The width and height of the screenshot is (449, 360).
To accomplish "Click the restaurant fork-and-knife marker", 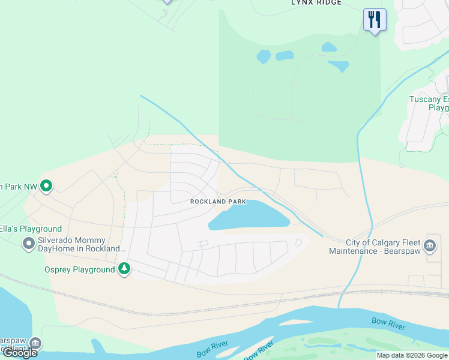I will (375, 20).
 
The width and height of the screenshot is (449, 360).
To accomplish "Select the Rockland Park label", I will (218, 202).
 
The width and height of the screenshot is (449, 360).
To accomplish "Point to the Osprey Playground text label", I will (79, 270).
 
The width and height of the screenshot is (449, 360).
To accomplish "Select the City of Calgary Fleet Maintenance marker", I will (430, 245).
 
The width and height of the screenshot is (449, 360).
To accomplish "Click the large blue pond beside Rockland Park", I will (249, 215).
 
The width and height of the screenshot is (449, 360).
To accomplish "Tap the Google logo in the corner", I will (20, 353).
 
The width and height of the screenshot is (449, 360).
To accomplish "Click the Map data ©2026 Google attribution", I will (412, 355).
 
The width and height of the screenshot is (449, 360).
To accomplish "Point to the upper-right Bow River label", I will (388, 324).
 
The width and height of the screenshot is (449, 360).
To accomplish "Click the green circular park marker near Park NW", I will (47, 187).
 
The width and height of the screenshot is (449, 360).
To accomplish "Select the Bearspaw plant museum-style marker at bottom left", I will (35, 343).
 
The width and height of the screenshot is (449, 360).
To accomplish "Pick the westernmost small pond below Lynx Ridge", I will (264, 57).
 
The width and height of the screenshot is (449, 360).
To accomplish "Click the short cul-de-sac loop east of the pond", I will (298, 243).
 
